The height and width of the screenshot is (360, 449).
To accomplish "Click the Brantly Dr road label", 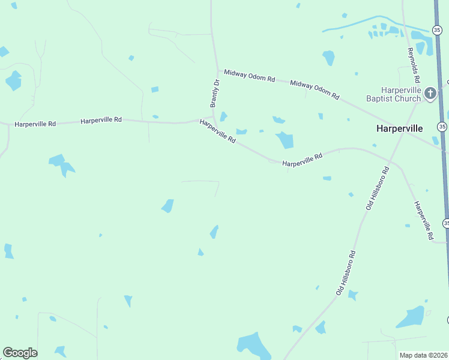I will pyautogui.click(x=215, y=93).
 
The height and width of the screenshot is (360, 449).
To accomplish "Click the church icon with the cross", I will pyautogui.click(x=430, y=93).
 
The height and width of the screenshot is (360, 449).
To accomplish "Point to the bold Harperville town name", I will pyautogui.click(x=399, y=128).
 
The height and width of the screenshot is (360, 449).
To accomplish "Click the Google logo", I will pyautogui.click(x=20, y=352).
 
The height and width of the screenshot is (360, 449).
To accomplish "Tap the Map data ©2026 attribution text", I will pyautogui.click(x=424, y=355).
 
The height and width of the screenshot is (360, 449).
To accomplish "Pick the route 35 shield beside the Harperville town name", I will pyautogui.click(x=442, y=127).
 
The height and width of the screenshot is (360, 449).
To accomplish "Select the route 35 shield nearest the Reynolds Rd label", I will pyautogui.click(x=436, y=30).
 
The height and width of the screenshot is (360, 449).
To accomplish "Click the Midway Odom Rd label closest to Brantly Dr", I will pyautogui.click(x=249, y=76).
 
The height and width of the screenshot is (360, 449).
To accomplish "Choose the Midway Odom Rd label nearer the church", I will pyautogui.click(x=315, y=90).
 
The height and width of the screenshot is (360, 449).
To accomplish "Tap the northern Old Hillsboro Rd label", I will pyautogui.click(x=378, y=188).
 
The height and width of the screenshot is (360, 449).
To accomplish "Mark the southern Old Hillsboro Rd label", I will pyautogui.click(x=346, y=273).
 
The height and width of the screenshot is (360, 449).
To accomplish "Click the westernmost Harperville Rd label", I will pyautogui.click(x=35, y=124).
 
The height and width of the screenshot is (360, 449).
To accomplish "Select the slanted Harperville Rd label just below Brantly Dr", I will pyautogui.click(x=217, y=131).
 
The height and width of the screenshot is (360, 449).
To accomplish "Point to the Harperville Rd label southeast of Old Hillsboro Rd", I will pyautogui.click(x=423, y=220).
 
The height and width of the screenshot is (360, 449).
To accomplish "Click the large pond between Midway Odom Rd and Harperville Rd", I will pyautogui.click(x=285, y=140).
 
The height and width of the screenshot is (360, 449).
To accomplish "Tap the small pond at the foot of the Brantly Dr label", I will pyautogui.click(x=223, y=116).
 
